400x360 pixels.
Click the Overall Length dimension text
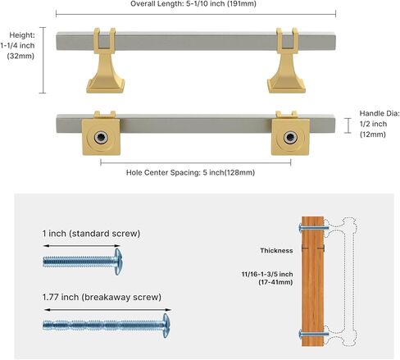[193, 4]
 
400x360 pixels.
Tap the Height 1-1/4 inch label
[18, 45]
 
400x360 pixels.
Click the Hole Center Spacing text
[190, 172]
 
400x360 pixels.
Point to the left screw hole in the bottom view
[102, 137]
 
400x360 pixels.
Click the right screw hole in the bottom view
[290, 137]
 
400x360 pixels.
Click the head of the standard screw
[118, 262]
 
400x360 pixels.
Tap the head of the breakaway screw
[166, 326]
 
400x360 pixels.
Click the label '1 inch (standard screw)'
[91, 234]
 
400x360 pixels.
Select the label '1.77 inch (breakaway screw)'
[102, 297]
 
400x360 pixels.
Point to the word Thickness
[276, 251]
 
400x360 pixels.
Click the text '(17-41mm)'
[275, 282]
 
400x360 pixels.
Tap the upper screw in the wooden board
[314, 228]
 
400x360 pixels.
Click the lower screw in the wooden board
[314, 334]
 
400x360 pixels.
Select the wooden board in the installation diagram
[313, 281]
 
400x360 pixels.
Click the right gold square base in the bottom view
[290, 137]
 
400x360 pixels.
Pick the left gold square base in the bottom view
[102, 137]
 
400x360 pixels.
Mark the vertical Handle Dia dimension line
[348, 125]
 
